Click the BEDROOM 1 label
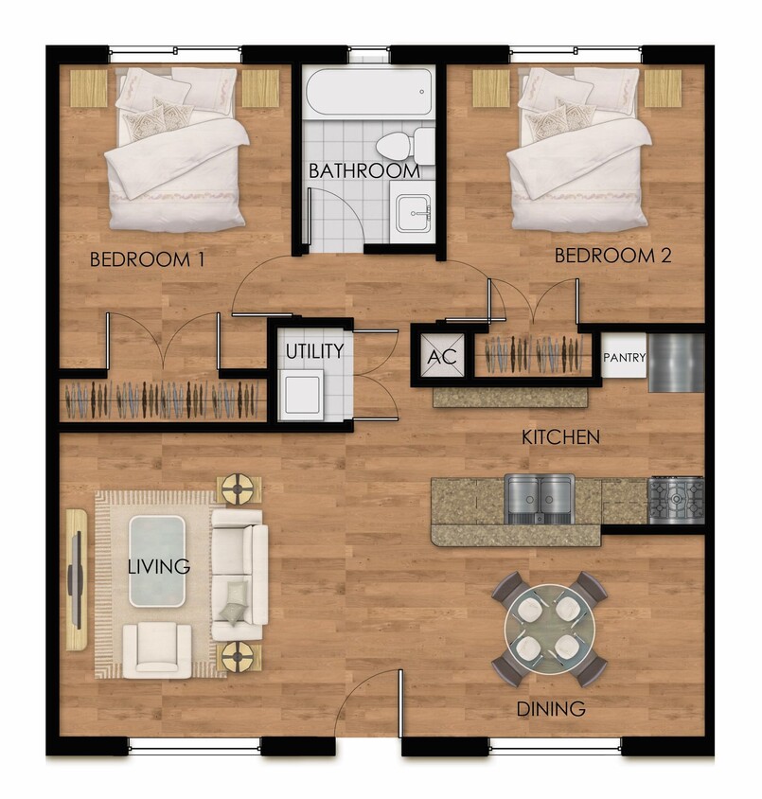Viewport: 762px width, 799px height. pyautogui.click(x=147, y=259)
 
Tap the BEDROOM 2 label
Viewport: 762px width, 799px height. pyautogui.click(x=612, y=256)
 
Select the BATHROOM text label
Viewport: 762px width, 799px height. pyautogui.click(x=364, y=171)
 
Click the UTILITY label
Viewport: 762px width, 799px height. pyautogui.click(x=315, y=351)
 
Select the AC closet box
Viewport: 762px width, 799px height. pyautogui.click(x=442, y=358)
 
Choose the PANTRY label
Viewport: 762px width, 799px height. pyautogui.click(x=624, y=358)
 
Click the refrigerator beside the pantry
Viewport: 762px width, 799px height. pyautogui.click(x=676, y=363)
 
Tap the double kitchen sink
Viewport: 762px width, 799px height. pyautogui.click(x=540, y=498)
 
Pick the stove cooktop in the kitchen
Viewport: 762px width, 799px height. pyautogui.click(x=675, y=499)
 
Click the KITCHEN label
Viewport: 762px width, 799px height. pyautogui.click(x=561, y=437)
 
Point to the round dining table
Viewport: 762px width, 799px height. pyautogui.click(x=549, y=628)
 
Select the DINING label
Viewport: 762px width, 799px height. pyautogui.click(x=550, y=708)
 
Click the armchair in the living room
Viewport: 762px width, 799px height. pyautogui.click(x=156, y=648)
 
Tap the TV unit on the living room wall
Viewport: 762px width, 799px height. pyautogui.click(x=76, y=579)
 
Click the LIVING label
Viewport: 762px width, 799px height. pyautogui.click(x=159, y=567)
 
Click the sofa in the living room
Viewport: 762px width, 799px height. pyautogui.click(x=239, y=575)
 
